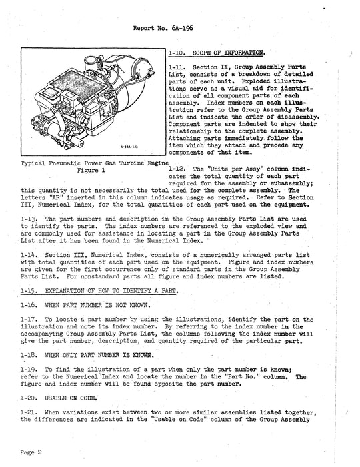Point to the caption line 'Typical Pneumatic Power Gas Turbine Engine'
pyautogui.click(x=91, y=163)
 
